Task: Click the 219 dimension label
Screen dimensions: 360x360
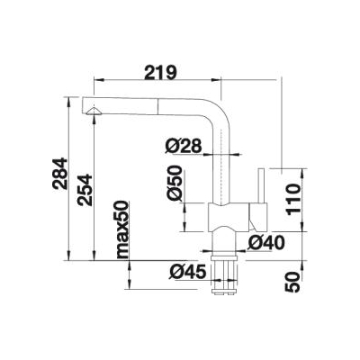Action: click(160, 73)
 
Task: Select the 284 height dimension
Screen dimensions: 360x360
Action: click(60, 173)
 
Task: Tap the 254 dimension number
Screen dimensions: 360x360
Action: click(85, 190)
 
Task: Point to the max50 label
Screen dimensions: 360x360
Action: click(122, 229)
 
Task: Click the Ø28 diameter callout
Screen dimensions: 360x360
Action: click(183, 147)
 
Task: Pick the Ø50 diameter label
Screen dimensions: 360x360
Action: click(175, 183)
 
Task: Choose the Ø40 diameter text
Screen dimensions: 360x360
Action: click(265, 243)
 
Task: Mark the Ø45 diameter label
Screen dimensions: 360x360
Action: click(188, 272)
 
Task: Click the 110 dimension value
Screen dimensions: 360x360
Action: click(293, 199)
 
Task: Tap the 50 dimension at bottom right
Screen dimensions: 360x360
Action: click(293, 282)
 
